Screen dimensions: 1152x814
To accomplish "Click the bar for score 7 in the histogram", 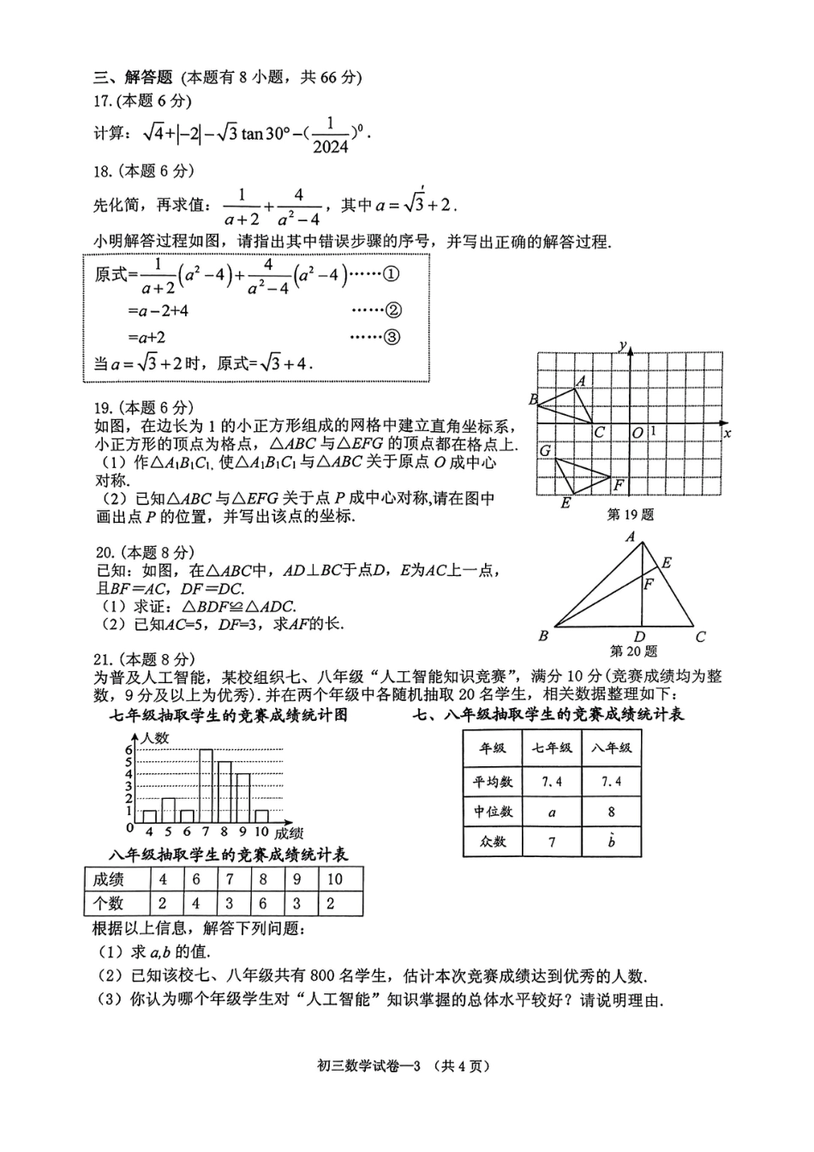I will click(206, 785).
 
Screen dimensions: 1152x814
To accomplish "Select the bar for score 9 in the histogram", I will click(243, 797).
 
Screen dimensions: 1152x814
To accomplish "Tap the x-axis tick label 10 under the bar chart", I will click(261, 831).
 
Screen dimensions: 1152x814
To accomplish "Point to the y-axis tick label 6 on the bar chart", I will click(129, 750).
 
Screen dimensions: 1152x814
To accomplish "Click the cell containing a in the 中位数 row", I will click(552, 812).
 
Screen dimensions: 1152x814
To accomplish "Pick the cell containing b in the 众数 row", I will click(611, 841).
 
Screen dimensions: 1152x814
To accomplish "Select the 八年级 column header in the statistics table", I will click(611, 747).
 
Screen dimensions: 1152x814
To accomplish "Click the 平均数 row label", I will click(493, 782).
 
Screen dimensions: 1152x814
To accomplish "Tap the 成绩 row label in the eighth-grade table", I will click(109, 879).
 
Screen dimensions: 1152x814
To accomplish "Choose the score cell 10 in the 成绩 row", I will click(334, 879).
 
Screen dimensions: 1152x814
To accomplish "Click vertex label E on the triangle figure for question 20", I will click(667, 563).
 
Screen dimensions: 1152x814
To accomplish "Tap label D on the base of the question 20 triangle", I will click(639, 636).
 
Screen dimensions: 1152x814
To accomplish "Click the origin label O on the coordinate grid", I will click(637, 433).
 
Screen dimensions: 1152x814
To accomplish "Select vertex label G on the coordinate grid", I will click(545, 450).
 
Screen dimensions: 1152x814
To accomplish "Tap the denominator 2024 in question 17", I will click(331, 147).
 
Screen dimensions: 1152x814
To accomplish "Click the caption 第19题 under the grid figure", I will click(630, 514).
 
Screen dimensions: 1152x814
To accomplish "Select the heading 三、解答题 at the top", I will click(133, 77).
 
